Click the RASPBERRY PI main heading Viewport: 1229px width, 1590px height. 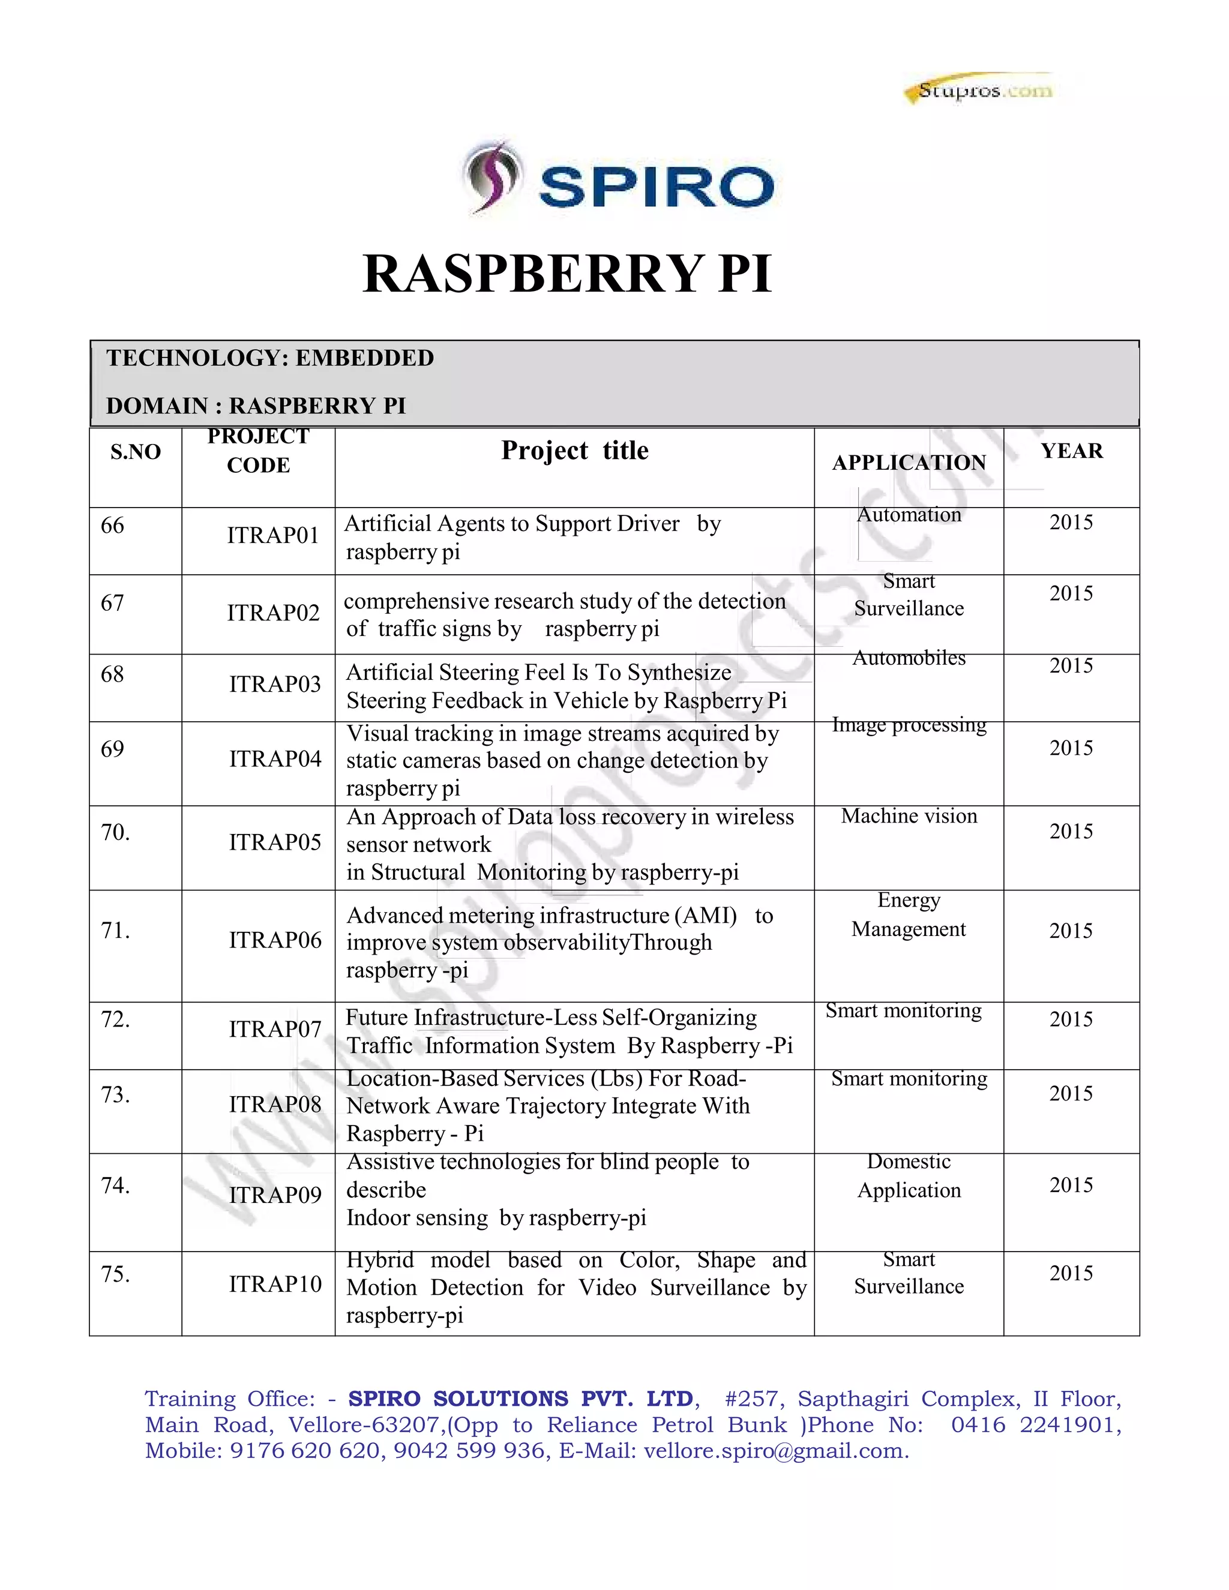[x=567, y=274]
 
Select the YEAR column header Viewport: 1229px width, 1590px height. [x=1072, y=451]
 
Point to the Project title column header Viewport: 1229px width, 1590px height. [x=574, y=451]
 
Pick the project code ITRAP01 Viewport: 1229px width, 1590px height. [x=273, y=536]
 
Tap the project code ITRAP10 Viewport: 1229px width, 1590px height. [x=274, y=1284]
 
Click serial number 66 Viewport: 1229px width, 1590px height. [x=112, y=526]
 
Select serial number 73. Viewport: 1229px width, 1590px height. [x=115, y=1095]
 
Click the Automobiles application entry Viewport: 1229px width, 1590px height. [x=909, y=658]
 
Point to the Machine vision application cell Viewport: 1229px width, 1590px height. [x=909, y=816]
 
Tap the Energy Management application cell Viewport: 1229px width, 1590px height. [x=909, y=915]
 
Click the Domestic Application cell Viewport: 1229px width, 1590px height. [x=909, y=1177]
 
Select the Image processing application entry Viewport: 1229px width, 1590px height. [x=909, y=725]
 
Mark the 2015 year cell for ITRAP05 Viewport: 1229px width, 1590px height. [x=1071, y=832]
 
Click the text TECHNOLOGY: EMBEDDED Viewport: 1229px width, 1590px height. [x=270, y=358]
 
